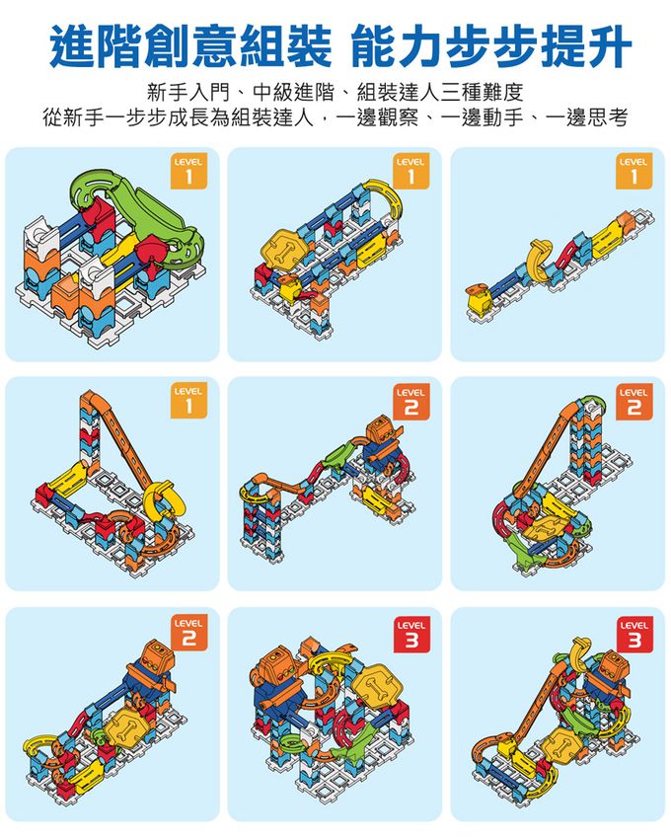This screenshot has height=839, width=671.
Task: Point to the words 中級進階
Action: [x=291, y=95]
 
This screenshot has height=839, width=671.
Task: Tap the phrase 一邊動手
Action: [x=484, y=120]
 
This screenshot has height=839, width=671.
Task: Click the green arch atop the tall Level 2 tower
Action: [x=591, y=404]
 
